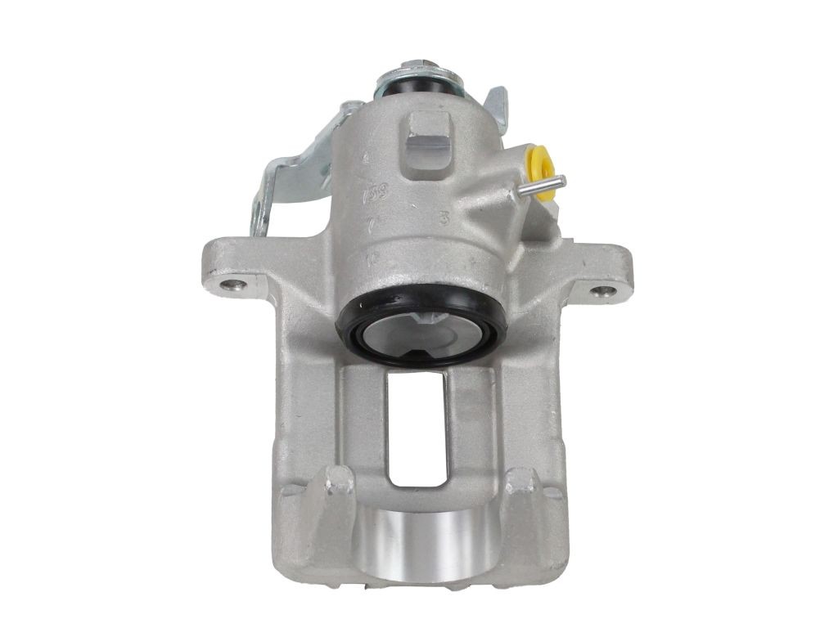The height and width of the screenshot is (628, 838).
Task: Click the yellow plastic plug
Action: (539, 168)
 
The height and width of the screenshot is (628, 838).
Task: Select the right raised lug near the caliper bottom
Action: (520, 491)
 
